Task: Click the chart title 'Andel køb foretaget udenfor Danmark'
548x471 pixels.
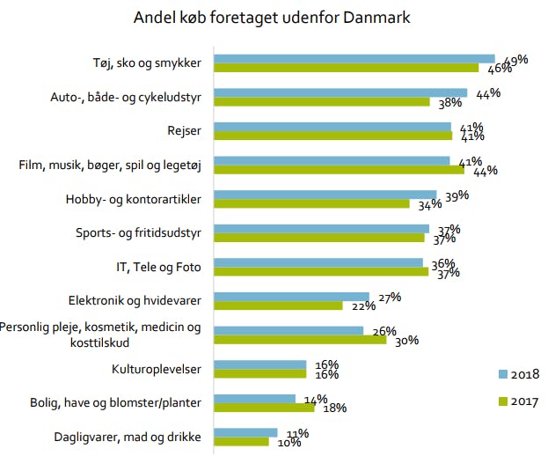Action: click(271, 18)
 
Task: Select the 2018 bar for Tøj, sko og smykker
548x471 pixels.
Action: click(354, 58)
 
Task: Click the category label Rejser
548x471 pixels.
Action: click(184, 131)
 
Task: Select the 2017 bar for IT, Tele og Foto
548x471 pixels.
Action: click(321, 272)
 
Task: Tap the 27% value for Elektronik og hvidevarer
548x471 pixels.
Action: click(388, 297)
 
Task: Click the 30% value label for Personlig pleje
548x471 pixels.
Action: click(406, 341)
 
